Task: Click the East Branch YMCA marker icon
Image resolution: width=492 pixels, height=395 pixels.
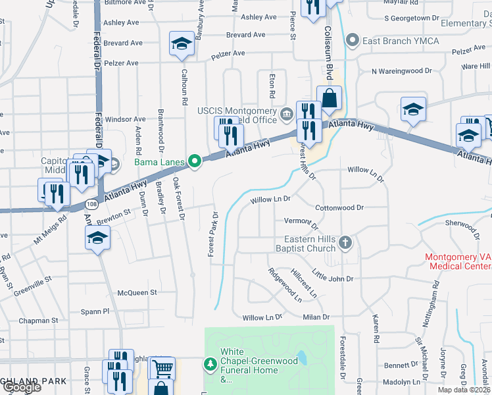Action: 354,41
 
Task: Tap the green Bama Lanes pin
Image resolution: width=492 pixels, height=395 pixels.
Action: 195,161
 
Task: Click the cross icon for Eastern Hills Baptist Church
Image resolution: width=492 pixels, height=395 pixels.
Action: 346,244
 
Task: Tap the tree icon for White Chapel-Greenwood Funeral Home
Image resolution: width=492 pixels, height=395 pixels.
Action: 210,363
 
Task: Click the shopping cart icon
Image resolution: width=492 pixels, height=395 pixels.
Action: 162,368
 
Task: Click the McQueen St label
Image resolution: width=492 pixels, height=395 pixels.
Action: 137,292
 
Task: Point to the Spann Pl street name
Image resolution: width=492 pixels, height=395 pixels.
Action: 114,310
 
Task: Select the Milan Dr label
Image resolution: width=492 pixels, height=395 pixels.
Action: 316,317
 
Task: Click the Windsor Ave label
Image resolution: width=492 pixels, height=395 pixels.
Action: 124,119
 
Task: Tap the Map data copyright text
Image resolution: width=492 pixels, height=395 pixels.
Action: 465,390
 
